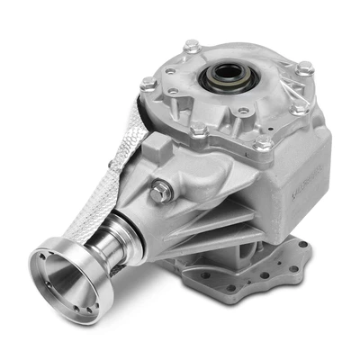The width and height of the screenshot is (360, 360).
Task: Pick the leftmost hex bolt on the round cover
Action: [x=148, y=83]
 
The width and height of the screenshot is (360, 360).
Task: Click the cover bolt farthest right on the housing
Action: [x=305, y=67]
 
